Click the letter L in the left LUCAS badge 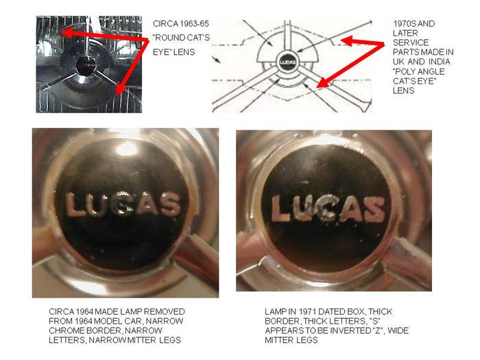pos(75,204)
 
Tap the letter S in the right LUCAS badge pos(374,209)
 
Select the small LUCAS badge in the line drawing pos(288,62)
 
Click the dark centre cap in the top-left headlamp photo pos(85,66)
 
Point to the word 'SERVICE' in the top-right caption pos(411,43)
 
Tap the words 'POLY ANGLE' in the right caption pos(419,71)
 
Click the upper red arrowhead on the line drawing pos(348,40)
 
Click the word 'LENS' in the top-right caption pos(403,91)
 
